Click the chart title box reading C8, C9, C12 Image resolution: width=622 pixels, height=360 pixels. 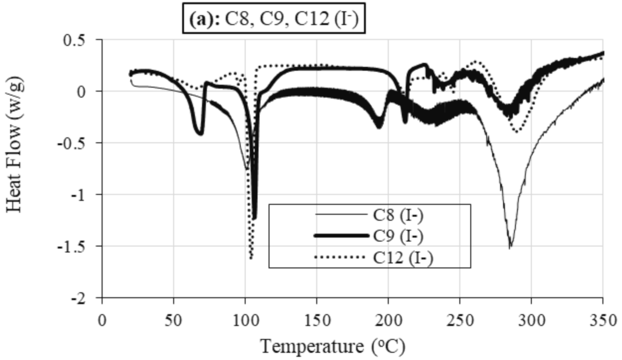pos(274,19)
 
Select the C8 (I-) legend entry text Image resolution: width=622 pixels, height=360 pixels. pos(398,215)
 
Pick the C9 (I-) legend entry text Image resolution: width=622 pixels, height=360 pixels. pos(398,236)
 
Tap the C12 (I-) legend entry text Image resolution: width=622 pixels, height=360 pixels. pos(403,257)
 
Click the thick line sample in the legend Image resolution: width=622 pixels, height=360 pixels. pos(341,236)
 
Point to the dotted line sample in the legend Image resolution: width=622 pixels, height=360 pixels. pos(340,257)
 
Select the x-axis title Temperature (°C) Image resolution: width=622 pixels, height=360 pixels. pos(332,346)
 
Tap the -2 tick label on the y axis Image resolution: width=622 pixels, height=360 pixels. pos(83,298)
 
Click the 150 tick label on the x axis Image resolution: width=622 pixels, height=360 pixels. pos(317,320)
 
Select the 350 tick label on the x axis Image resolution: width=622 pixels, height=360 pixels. pos(602,320)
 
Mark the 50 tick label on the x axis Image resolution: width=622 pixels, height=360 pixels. pos(174,320)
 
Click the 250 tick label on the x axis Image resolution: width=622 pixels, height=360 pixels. pos(459,320)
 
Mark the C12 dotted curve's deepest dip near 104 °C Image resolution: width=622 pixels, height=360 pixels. pos(251,258)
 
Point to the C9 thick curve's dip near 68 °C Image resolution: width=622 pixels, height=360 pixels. pos(200,134)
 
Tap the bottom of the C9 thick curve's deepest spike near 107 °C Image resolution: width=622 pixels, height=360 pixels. pos(254,218)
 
